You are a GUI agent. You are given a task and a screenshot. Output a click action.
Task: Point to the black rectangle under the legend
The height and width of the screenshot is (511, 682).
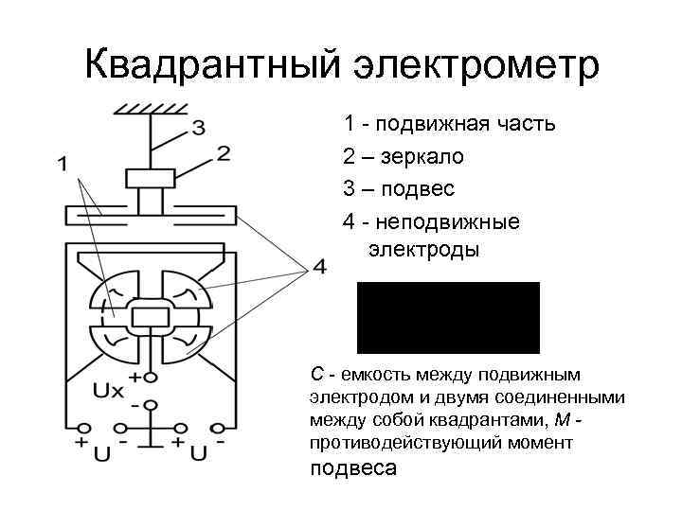(448, 317)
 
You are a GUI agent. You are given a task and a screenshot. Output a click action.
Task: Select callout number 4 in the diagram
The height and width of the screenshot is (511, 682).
(319, 268)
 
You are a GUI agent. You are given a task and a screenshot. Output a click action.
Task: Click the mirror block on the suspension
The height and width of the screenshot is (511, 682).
(150, 178)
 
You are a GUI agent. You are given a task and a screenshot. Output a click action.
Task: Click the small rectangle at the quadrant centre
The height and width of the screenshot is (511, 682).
(150, 316)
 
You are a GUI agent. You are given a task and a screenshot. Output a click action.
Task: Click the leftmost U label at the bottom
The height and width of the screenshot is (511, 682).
(102, 455)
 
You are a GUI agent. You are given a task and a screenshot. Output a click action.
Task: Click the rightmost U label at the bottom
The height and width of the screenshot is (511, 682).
(199, 455)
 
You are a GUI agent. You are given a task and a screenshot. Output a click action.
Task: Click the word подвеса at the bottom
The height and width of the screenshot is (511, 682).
(353, 468)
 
